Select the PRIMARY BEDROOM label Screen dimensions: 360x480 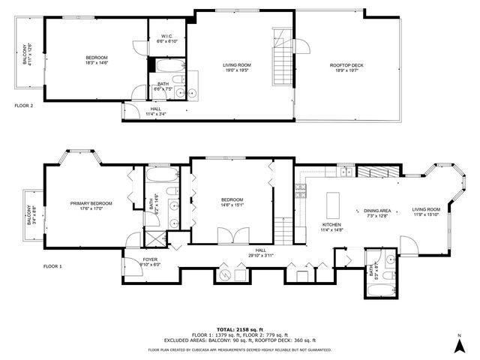pyautogui.click(x=91, y=203)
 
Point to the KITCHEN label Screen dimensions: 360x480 pyautogui.click(x=331, y=224)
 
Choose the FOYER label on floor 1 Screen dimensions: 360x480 pyautogui.click(x=150, y=259)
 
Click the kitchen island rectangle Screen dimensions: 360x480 pyautogui.click(x=334, y=203)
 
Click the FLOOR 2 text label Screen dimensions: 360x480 pyautogui.click(x=24, y=106)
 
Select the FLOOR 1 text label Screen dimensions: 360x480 pyautogui.click(x=52, y=266)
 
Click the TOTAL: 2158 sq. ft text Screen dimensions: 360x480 pyautogui.click(x=239, y=328)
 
